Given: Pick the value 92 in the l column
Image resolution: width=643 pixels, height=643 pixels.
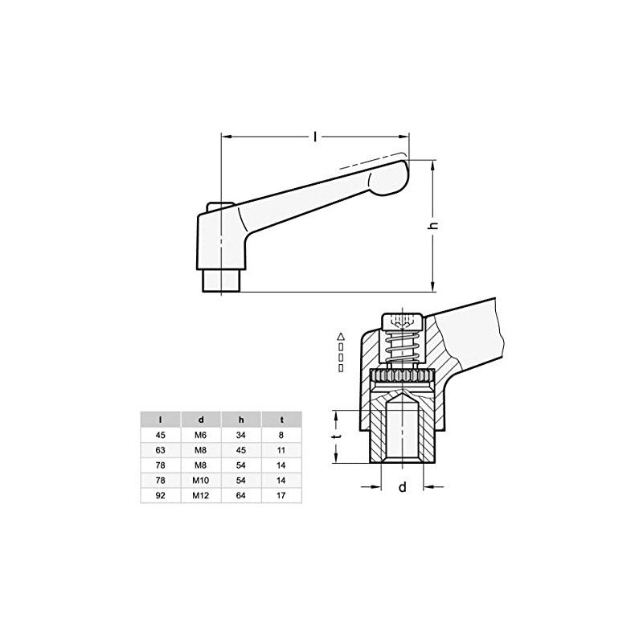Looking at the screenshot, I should (x=160, y=496).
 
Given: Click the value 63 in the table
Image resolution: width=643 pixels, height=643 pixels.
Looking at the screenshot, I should (x=160, y=450).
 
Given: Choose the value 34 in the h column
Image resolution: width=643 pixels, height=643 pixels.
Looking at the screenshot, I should (x=240, y=435).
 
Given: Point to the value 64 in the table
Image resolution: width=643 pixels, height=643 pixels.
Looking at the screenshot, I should (x=240, y=496).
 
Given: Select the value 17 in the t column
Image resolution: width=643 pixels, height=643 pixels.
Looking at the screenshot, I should (x=281, y=496).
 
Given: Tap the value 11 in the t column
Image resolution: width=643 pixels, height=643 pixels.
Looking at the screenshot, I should (x=281, y=450).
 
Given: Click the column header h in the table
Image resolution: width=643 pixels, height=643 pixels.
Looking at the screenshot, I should (x=240, y=419).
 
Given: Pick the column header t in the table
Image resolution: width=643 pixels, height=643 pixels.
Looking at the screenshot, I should (x=281, y=419).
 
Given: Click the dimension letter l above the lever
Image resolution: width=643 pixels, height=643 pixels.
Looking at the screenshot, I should (x=314, y=137).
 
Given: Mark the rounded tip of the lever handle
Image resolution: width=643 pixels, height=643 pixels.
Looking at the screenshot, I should (x=391, y=176).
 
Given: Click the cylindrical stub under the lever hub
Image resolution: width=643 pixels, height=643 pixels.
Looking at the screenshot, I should (x=219, y=281).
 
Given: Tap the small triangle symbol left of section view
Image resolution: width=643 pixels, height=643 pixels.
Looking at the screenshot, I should (x=342, y=335).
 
